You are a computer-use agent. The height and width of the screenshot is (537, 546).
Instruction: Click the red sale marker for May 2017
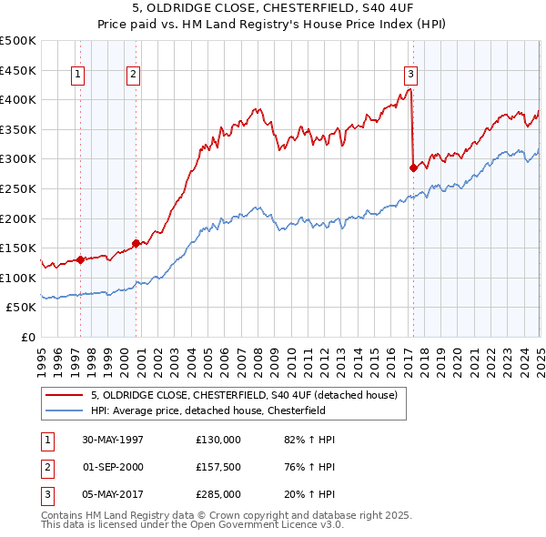pos(413,167)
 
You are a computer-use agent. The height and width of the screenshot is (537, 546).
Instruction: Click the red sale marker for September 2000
pos(136,243)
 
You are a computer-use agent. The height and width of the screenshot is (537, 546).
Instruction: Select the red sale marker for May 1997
pos(80,259)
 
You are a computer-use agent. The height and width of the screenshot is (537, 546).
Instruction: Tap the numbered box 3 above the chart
pos(410,75)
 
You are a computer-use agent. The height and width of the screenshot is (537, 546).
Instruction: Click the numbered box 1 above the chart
pos(77,75)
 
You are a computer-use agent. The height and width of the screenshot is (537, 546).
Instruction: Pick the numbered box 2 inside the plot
pos(133,75)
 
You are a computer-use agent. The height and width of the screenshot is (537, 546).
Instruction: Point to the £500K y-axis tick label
pos(18,41)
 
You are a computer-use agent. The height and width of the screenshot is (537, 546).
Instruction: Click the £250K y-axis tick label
pos(18,188)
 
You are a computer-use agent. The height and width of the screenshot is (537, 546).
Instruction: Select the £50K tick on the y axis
pos(22,308)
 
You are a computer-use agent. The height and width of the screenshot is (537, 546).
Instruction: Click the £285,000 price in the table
pos(217,494)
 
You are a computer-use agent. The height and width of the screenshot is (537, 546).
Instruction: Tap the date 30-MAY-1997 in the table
pos(113,440)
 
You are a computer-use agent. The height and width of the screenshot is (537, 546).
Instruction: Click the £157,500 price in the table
pos(217,467)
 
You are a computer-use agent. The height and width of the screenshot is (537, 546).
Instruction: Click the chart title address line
pos(273,11)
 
